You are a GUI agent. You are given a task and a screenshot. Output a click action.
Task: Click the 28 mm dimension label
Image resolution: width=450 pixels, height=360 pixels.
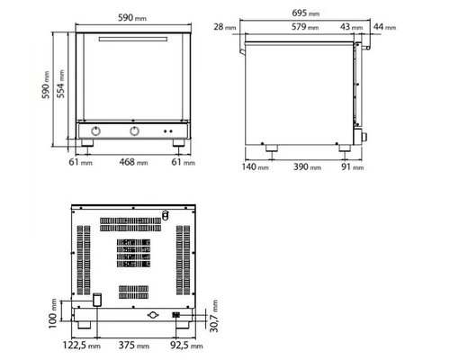click(224, 28)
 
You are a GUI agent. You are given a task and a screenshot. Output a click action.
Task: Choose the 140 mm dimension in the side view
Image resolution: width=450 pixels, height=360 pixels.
click(252, 166)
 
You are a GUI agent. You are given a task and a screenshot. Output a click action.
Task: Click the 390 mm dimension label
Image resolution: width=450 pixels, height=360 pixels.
click(305, 166)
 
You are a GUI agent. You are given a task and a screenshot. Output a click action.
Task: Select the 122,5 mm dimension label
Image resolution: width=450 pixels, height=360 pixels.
click(80, 346)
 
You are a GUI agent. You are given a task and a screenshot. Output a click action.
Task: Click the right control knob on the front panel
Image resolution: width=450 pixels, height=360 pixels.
click(135, 131)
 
